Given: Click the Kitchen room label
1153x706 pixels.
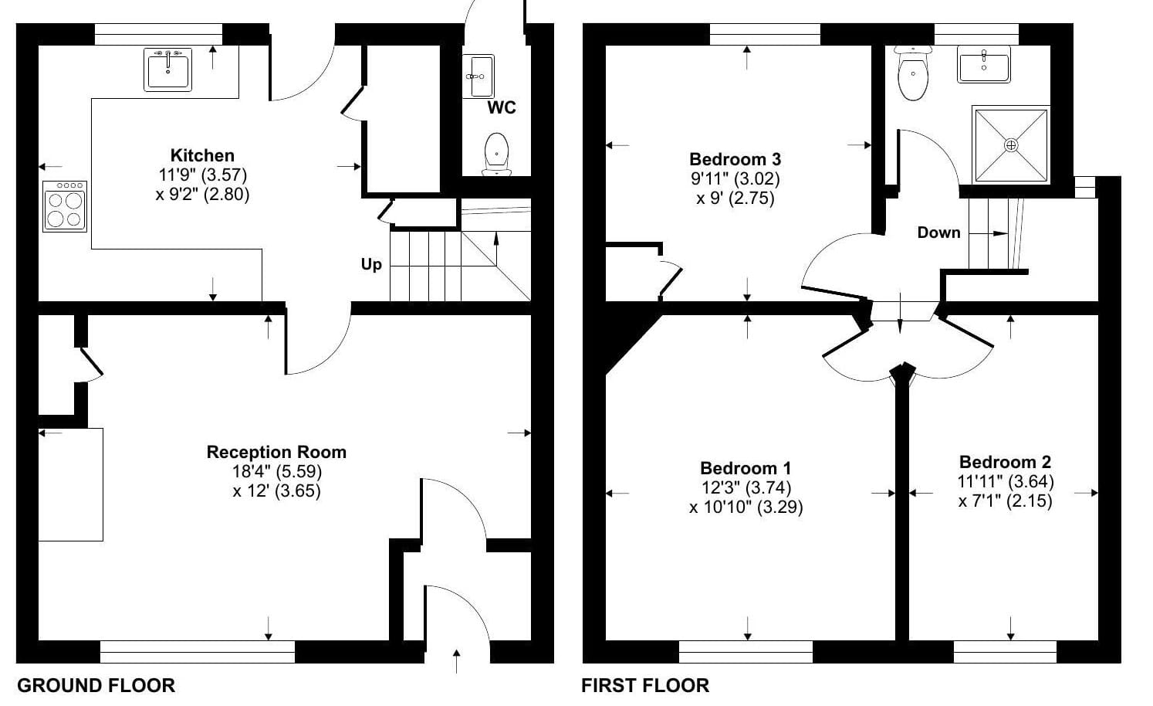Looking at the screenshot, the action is tap(202, 155).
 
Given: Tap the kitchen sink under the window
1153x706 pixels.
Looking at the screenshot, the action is tap(167, 70).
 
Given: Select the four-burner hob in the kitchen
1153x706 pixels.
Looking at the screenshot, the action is tap(65, 206).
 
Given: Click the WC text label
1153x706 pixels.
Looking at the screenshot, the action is tap(502, 107).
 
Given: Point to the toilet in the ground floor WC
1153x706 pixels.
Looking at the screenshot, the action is tap(497, 154).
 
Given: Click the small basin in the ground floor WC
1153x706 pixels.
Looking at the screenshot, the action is tap(478, 76).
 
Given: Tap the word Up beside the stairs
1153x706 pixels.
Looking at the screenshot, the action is tap(371, 265).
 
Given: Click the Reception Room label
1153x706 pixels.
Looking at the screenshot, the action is tap(276, 452).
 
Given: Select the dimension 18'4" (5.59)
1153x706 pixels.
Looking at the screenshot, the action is tap(277, 471).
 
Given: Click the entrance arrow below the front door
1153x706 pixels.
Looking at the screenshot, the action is tap(456, 662).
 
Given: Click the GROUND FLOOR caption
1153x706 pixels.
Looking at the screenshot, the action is tap(96, 685).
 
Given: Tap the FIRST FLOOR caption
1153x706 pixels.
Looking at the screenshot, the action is tap(645, 685).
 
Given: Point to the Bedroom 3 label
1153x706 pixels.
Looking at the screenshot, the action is tap(735, 158).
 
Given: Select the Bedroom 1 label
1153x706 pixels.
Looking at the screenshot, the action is tap(746, 468).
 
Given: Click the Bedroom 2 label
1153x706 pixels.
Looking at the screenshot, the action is tap(1005, 462).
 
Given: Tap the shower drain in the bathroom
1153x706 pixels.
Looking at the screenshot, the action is tap(1011, 145).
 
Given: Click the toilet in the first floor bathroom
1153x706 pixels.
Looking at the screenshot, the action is tap(913, 73).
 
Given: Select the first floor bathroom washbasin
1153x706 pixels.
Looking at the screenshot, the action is tap(984, 64).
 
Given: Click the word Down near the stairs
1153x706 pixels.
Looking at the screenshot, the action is tap(939, 233).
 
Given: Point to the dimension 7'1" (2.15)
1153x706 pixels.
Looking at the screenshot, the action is tap(1005, 501).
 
